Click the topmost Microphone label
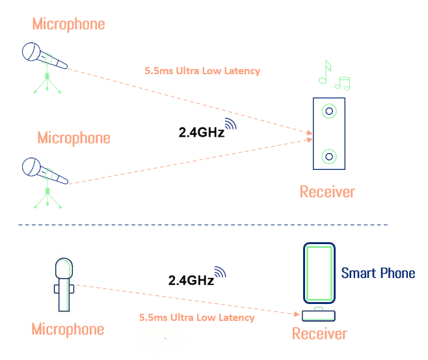pos(68,24)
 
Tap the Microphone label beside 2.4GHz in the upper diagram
pos(74,137)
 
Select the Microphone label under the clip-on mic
pos(68,329)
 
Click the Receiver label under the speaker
pos(327,191)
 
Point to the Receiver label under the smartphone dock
pos(319,333)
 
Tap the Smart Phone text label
pos(378,273)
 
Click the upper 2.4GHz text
pos(202,132)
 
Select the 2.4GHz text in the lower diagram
pos(191,280)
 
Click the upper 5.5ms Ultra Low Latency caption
pos(202,71)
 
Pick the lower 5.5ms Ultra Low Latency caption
pos(197,318)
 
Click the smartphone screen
pos(319,273)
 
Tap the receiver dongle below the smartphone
pos(319,316)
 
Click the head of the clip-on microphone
pos(64,268)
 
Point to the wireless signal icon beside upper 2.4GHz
pos(231,124)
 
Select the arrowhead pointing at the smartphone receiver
pos(297,314)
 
